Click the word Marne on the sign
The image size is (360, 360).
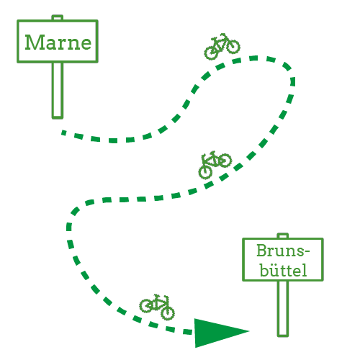tap(58, 42)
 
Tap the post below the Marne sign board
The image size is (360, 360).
tap(58, 91)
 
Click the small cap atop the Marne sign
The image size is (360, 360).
tap(58, 17)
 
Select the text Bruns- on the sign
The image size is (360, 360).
tap(283, 251)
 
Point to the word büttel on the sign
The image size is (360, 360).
tap(283, 270)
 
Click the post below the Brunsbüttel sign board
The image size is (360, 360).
tap(283, 309)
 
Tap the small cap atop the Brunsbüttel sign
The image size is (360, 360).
tap(283, 235)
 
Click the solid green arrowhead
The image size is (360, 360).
tap(221, 333)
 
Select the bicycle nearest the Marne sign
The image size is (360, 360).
tap(222, 46)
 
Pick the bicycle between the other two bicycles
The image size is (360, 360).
tap(215, 164)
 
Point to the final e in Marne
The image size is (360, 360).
tap(86, 45)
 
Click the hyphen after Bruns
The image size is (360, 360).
tap(307, 252)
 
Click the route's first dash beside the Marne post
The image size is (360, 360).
tap(63, 132)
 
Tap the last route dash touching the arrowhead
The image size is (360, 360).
tap(187, 332)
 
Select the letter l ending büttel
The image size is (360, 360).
tap(305, 270)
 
